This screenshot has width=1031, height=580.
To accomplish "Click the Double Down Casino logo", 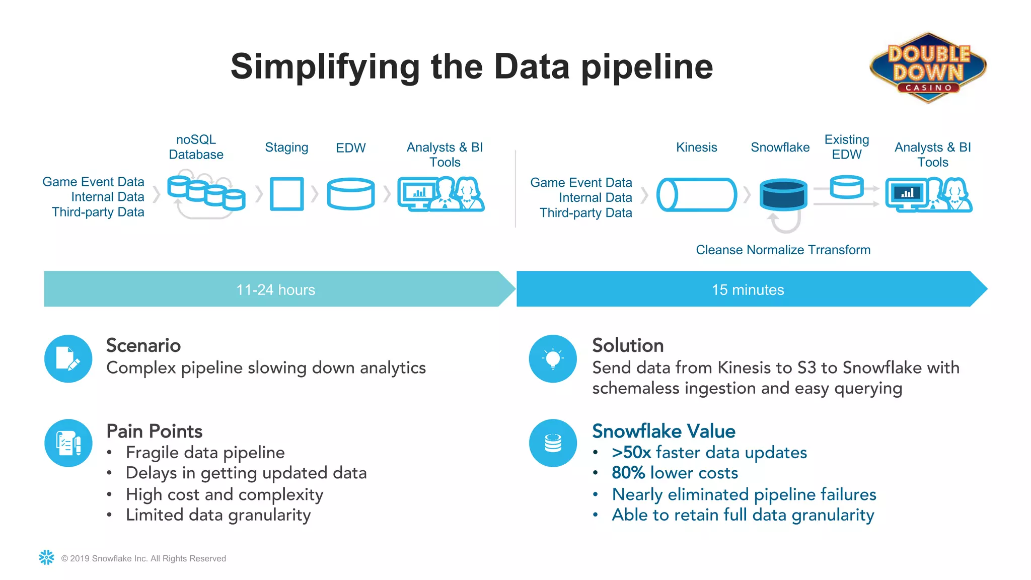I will (928, 67).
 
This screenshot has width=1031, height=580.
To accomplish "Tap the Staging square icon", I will (286, 194).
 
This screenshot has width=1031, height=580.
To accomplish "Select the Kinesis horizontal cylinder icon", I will (696, 194).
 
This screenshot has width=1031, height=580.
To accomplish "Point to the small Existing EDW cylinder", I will (846, 187).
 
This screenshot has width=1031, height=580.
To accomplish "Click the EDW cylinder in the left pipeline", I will (350, 194).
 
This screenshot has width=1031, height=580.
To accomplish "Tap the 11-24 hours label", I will (275, 289).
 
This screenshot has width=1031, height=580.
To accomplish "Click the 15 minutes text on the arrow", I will (748, 289).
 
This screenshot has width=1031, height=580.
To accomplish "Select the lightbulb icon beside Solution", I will (553, 358).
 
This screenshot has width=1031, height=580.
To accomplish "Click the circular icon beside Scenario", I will (68, 358).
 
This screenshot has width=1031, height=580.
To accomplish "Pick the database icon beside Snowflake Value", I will (553, 443).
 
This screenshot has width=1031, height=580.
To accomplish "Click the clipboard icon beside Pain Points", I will (68, 443).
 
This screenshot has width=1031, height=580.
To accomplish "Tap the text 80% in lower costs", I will (628, 473).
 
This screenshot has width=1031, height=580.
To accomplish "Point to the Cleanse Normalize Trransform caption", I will (783, 250).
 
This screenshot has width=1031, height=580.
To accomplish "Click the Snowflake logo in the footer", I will (46, 557).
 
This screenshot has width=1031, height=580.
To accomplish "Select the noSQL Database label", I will (196, 147).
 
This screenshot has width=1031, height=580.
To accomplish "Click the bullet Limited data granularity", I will (218, 515).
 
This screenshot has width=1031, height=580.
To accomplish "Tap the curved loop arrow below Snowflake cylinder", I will (784, 223).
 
